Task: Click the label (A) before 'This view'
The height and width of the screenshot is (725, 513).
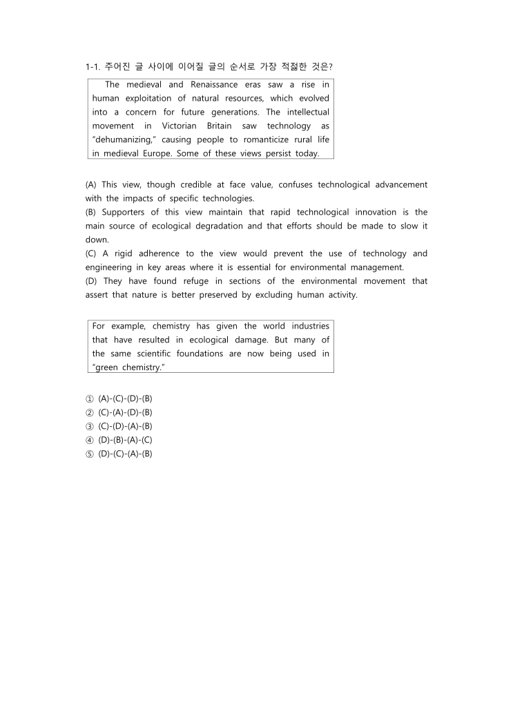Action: click(91, 184)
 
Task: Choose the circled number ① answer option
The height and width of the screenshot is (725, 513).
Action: click(89, 398)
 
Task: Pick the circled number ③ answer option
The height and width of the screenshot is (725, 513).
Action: click(89, 426)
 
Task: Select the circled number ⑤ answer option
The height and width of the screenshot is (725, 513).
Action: click(89, 454)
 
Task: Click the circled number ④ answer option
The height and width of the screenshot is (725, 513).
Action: click(89, 440)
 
